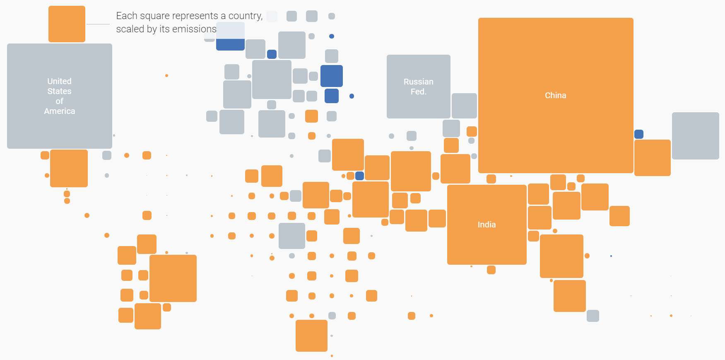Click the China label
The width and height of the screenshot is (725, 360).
point(555,95)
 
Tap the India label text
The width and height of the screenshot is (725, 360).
point(487,225)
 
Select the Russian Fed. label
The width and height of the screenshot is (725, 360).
point(418,87)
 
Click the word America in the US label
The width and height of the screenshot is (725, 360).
point(60,111)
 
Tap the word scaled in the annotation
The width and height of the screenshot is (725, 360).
point(128,29)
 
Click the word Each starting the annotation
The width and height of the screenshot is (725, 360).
point(126,16)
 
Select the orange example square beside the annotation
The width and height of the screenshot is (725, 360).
point(67,24)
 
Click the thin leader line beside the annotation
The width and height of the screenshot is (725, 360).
point(98,24)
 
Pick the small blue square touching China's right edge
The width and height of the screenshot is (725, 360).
point(638,134)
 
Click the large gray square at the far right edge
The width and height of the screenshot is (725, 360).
point(695,135)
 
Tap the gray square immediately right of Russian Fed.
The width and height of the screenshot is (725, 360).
point(464,106)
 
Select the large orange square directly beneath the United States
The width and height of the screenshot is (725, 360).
point(69,168)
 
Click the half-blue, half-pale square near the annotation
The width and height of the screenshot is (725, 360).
point(230,36)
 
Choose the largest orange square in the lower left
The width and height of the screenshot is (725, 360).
point(173,278)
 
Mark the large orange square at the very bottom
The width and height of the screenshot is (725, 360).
point(311,336)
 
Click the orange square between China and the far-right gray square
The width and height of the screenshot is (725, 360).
point(652,157)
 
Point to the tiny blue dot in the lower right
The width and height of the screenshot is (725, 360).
point(611,256)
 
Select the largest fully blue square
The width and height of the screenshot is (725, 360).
point(331,76)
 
